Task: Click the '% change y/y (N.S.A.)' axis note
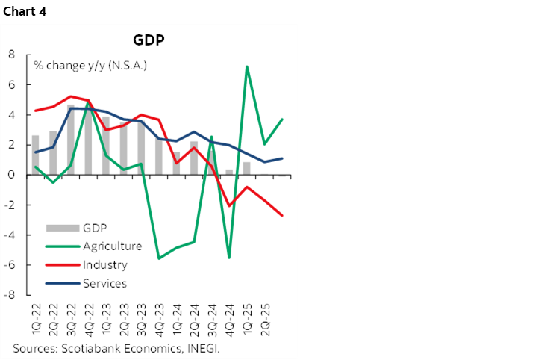pos(90,66)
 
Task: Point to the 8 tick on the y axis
pos(13,55)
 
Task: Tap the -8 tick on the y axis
pos(11,295)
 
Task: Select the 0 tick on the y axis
pos(13,175)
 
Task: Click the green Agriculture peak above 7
pos(247,66)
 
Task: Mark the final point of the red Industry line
pos(282,215)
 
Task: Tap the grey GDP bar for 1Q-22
pos(35,155)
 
